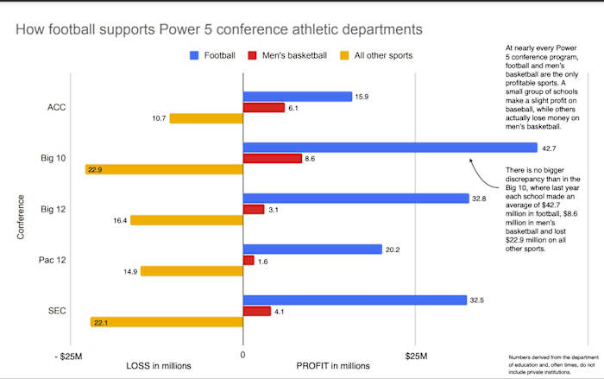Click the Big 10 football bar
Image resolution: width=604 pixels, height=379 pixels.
coord(390,148)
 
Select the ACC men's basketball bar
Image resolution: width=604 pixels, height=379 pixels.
coord(264,107)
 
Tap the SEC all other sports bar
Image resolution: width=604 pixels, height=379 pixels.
coord(167,322)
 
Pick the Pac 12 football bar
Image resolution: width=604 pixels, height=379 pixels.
coord(312,250)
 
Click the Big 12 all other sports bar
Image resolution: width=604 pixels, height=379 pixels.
coord(186,220)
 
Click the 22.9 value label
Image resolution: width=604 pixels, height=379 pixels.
coord(95,169)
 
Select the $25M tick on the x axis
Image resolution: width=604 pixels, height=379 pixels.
coord(417,355)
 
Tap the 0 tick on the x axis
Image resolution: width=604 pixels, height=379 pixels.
coord(242,355)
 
